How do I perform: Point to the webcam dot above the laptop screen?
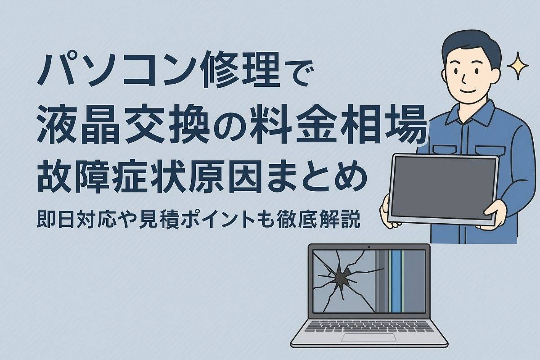click(369, 247)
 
